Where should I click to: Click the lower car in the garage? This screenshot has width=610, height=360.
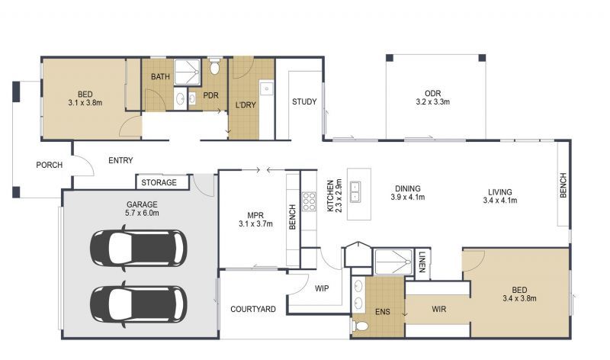(x=137, y=302)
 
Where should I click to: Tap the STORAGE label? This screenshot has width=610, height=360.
(x=159, y=183)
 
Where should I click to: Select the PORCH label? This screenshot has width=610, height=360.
(x=49, y=166)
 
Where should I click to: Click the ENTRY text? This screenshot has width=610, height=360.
(x=120, y=160)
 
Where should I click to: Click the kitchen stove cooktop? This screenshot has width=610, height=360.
(x=310, y=201)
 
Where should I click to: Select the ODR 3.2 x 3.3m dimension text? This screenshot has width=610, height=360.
(x=432, y=101)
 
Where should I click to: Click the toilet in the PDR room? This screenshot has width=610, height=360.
(x=214, y=68)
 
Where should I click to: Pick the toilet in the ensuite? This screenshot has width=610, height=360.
(x=361, y=326)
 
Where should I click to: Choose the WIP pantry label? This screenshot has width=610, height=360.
(x=322, y=288)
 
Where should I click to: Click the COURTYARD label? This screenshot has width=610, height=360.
(x=252, y=309)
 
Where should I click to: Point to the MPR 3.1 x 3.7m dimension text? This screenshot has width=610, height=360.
(x=255, y=223)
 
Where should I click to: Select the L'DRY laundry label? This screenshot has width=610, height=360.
(x=245, y=104)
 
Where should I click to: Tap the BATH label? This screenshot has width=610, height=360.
(x=160, y=77)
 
